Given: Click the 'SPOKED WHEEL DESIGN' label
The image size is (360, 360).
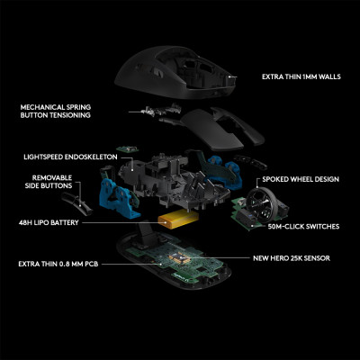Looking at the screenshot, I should pyautogui.click(x=301, y=179).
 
